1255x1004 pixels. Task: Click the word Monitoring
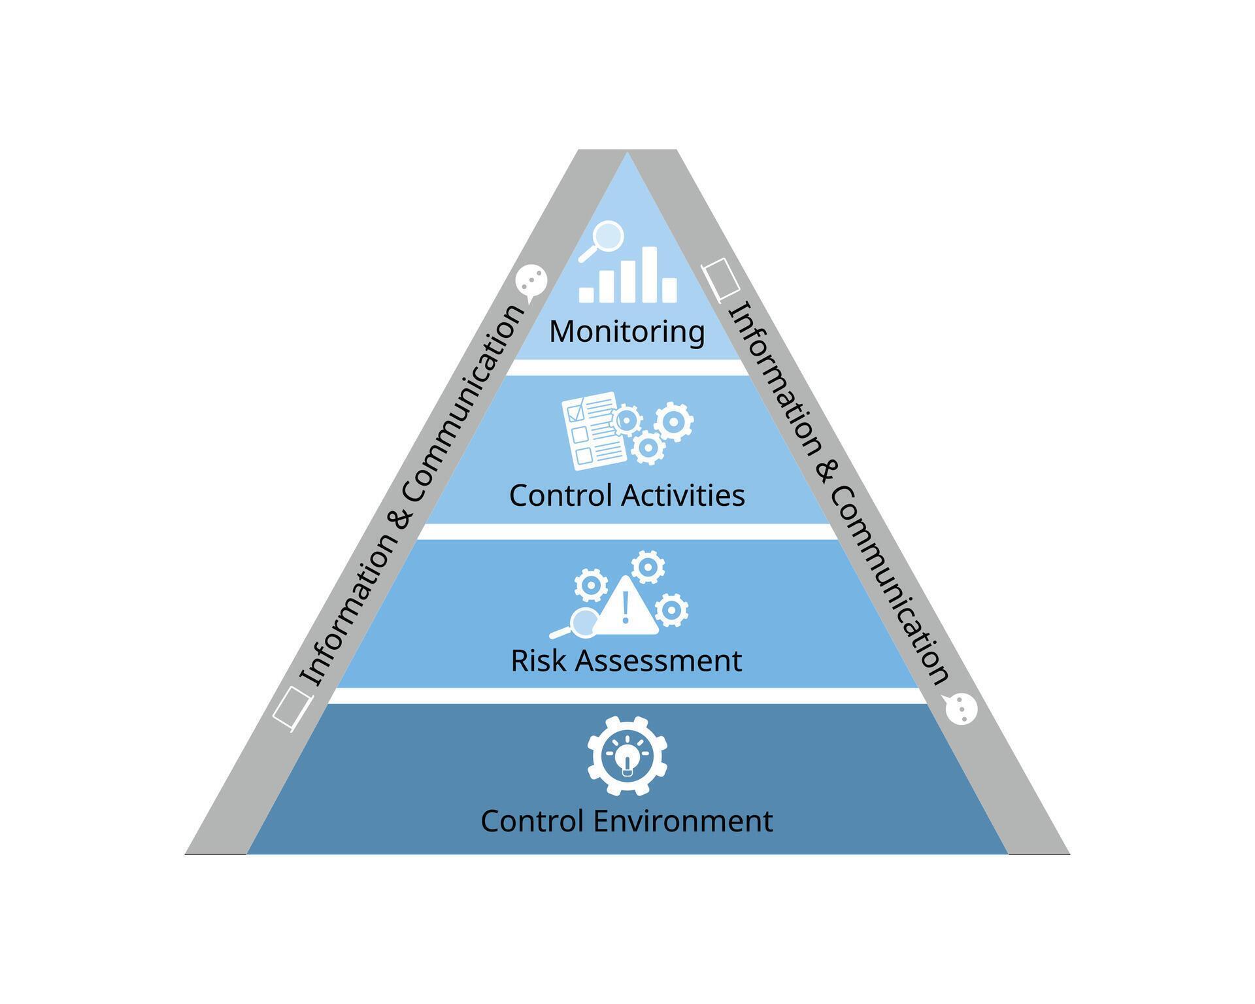[627, 331]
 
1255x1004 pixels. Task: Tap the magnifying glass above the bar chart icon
[607, 237]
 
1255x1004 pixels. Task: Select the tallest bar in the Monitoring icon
[648, 274]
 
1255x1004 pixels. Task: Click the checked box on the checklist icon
[576, 412]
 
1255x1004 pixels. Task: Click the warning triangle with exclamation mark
[626, 607]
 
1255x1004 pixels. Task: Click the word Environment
[682, 821]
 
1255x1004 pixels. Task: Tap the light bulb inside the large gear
[627, 760]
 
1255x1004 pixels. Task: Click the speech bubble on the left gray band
[531, 281]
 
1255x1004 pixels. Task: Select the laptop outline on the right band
[721, 280]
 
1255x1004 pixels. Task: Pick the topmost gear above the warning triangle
[648, 567]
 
